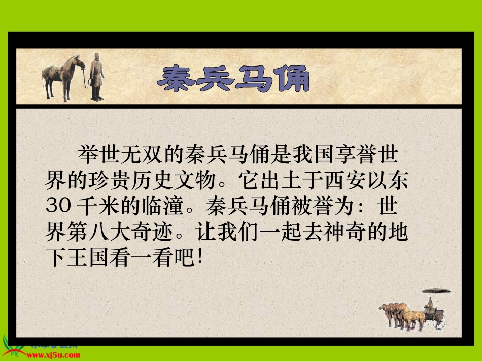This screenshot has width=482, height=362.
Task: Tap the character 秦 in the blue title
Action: [x=175, y=79]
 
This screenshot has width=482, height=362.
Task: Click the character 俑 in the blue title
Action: [x=291, y=79]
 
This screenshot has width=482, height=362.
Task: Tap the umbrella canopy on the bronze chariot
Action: [x=436, y=291]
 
